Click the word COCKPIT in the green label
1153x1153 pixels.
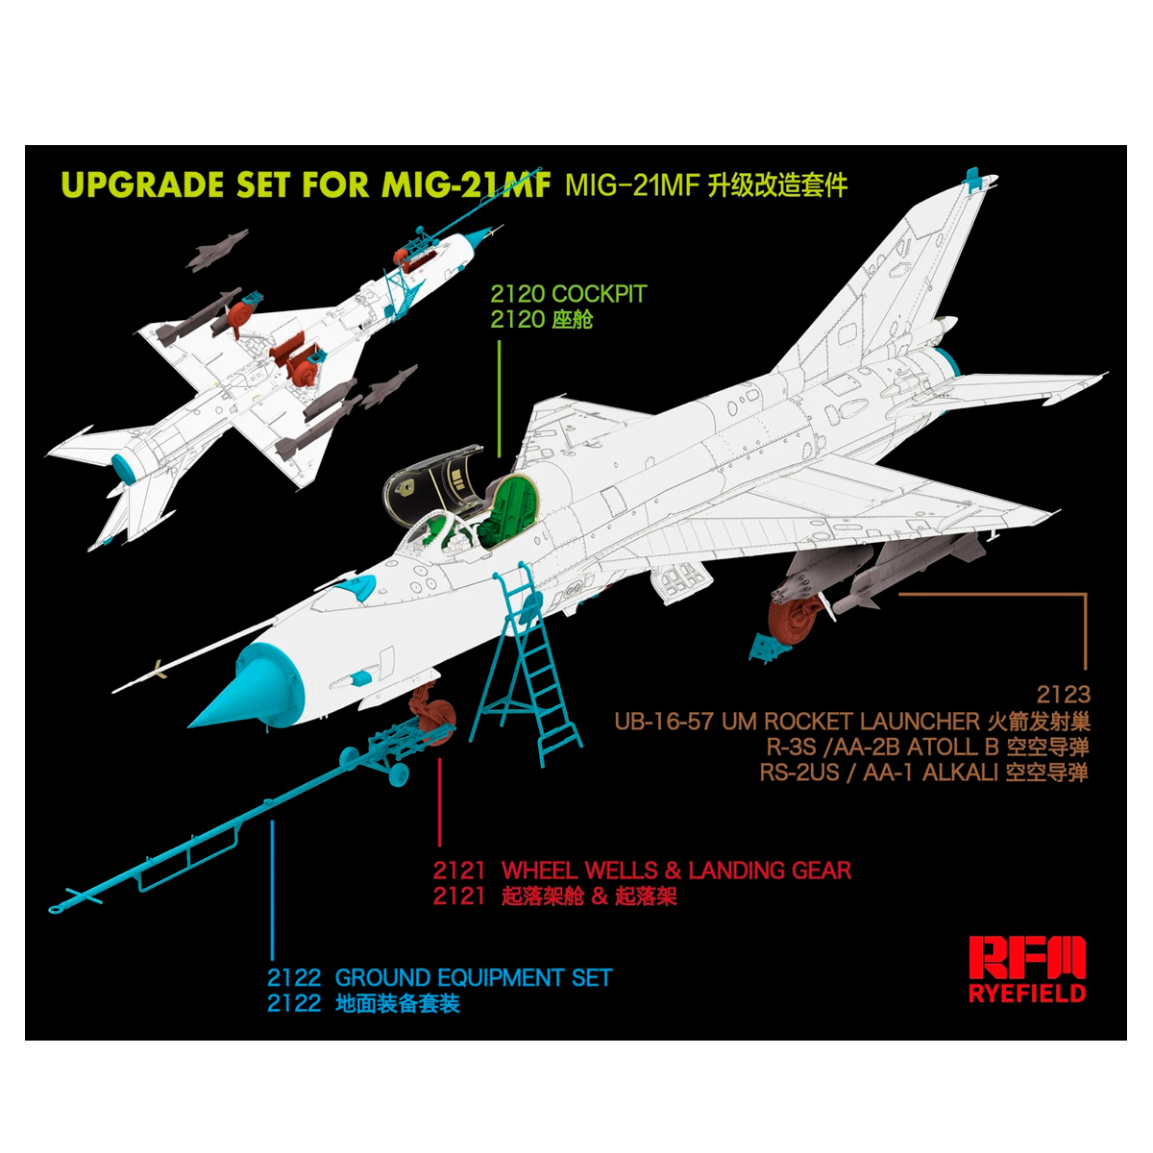click(x=599, y=294)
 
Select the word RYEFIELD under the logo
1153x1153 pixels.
click(x=1027, y=993)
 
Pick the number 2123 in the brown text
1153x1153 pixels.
click(x=1055, y=695)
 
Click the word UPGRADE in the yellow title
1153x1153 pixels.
click(x=143, y=184)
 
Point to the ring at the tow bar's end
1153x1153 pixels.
click(x=55, y=910)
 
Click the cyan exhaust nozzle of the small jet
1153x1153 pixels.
click(x=124, y=467)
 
